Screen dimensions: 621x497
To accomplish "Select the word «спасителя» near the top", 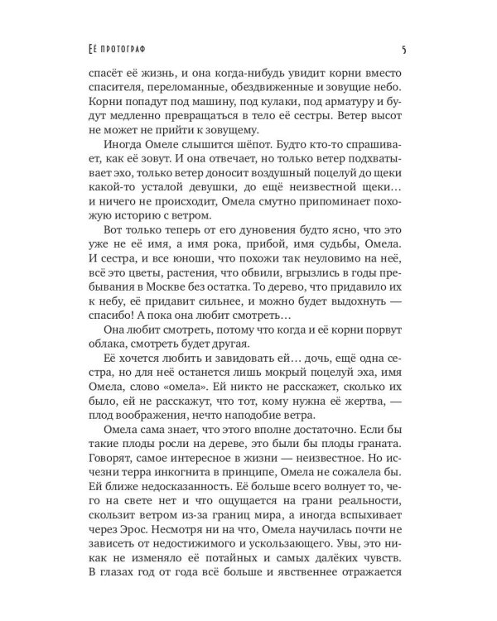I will [123, 85].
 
